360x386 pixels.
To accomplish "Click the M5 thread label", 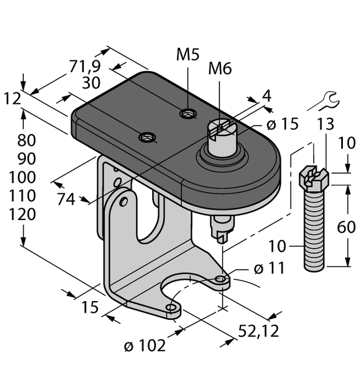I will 187,56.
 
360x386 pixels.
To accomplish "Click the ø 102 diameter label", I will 145,345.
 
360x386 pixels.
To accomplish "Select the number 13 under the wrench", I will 326,124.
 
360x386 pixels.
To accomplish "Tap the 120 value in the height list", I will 22,214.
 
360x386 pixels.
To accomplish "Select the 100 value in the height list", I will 22,177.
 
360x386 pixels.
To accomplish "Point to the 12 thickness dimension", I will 11,99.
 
